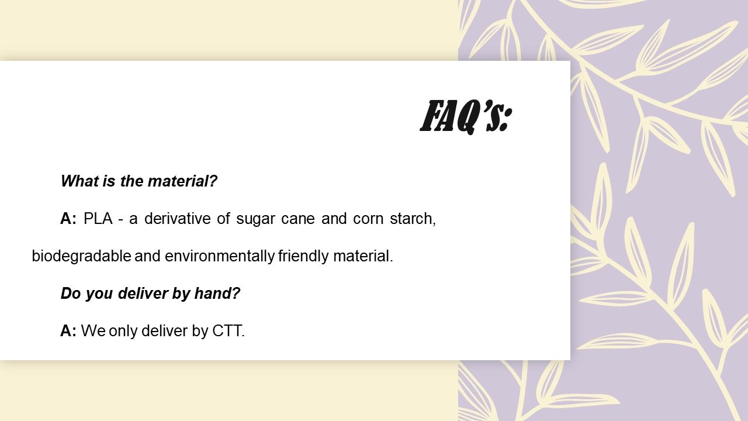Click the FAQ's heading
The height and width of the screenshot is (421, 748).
tap(466, 116)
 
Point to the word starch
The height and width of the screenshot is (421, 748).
tap(413, 219)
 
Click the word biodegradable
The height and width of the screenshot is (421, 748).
tap(81, 256)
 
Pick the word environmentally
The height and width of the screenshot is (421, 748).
tap(220, 256)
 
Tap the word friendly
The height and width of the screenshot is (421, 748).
tap(303, 256)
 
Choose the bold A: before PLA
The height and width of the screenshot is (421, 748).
tap(68, 219)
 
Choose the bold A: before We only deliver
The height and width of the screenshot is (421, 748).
tap(68, 331)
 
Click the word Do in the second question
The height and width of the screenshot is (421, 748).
tap(71, 294)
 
